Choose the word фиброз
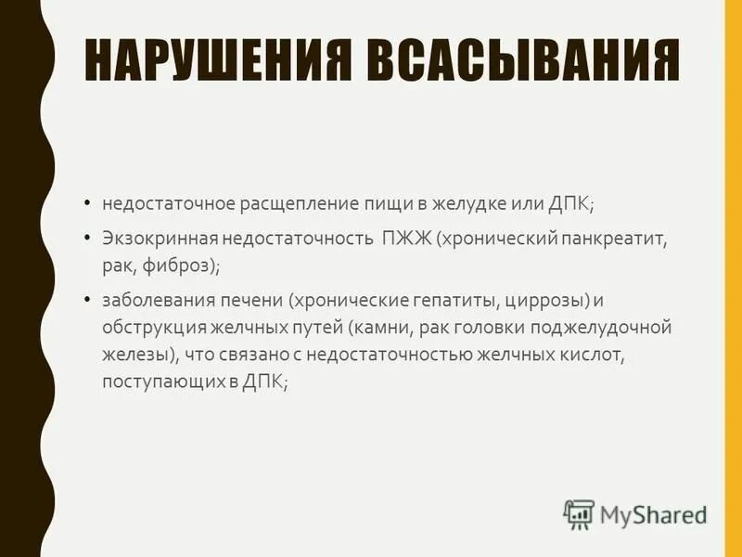[x=186, y=266]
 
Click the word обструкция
[x=148, y=329]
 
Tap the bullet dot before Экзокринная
[x=86, y=239]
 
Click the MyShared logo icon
[x=579, y=512]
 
